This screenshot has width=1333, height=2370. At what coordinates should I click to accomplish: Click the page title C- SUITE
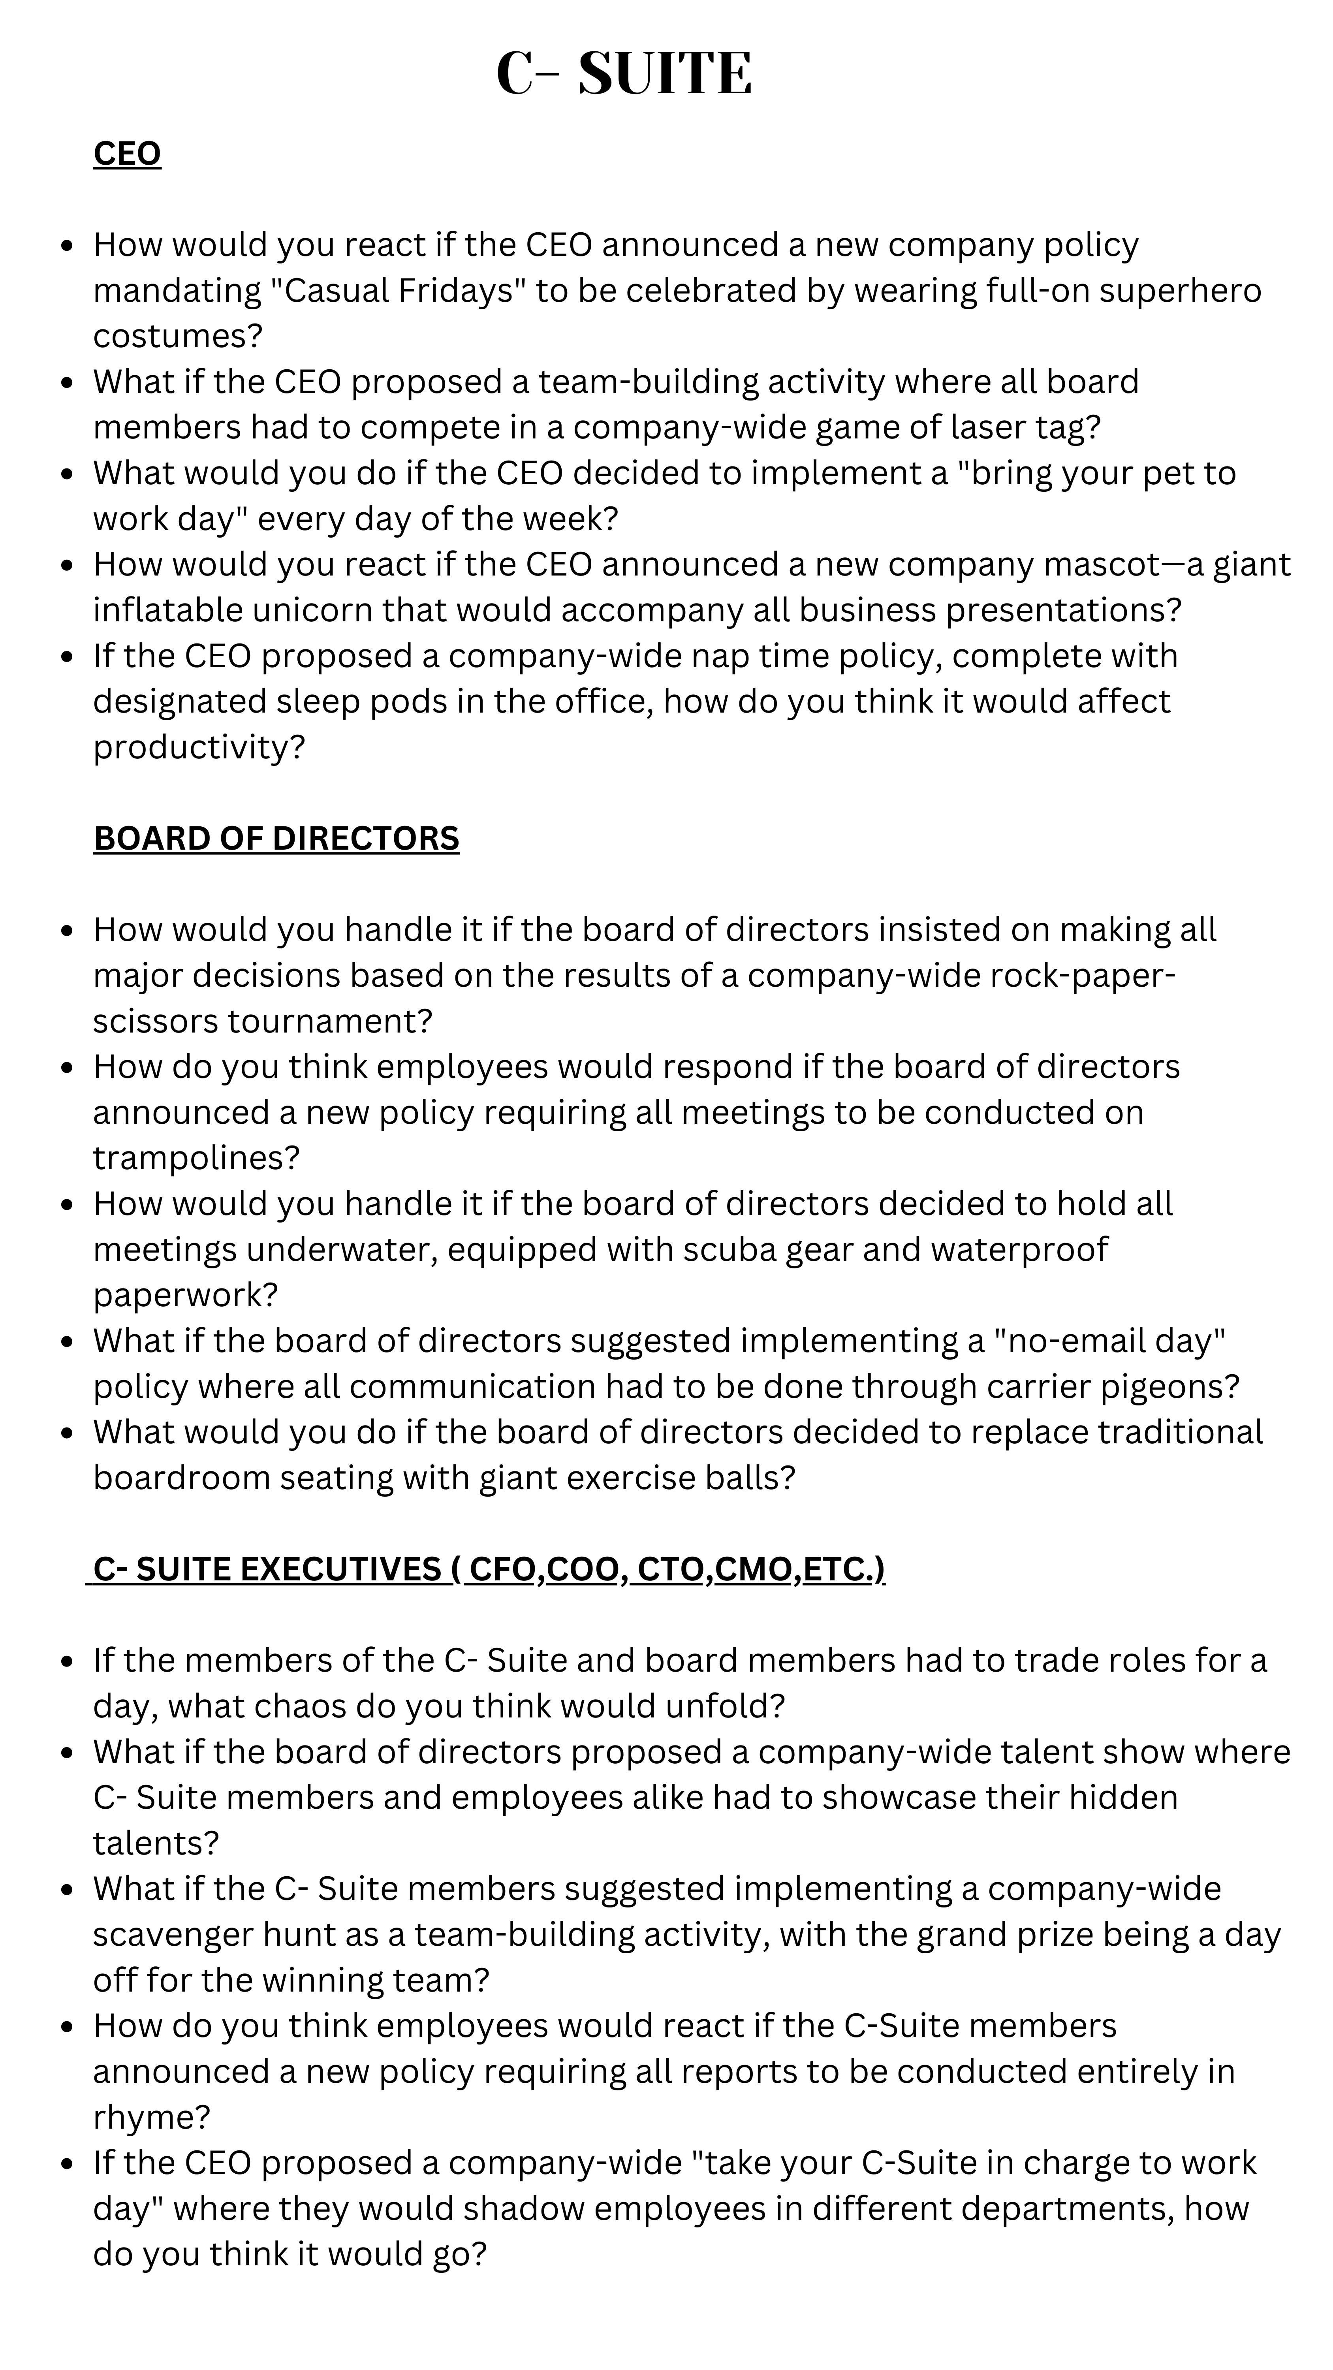[x=624, y=73]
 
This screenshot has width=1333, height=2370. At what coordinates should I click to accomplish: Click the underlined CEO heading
[x=127, y=154]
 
